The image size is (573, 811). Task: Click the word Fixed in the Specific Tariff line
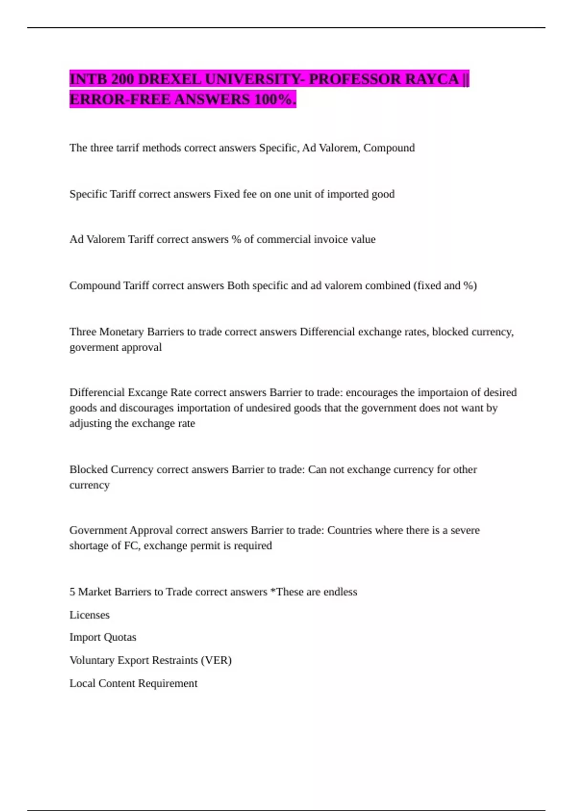(227, 194)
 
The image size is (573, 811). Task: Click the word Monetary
(121, 332)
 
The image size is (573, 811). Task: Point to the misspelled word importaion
(443, 393)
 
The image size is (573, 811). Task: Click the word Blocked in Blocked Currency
(88, 469)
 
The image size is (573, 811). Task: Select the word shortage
(88, 546)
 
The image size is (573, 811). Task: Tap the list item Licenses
(89, 615)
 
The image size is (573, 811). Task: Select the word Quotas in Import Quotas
(120, 637)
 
